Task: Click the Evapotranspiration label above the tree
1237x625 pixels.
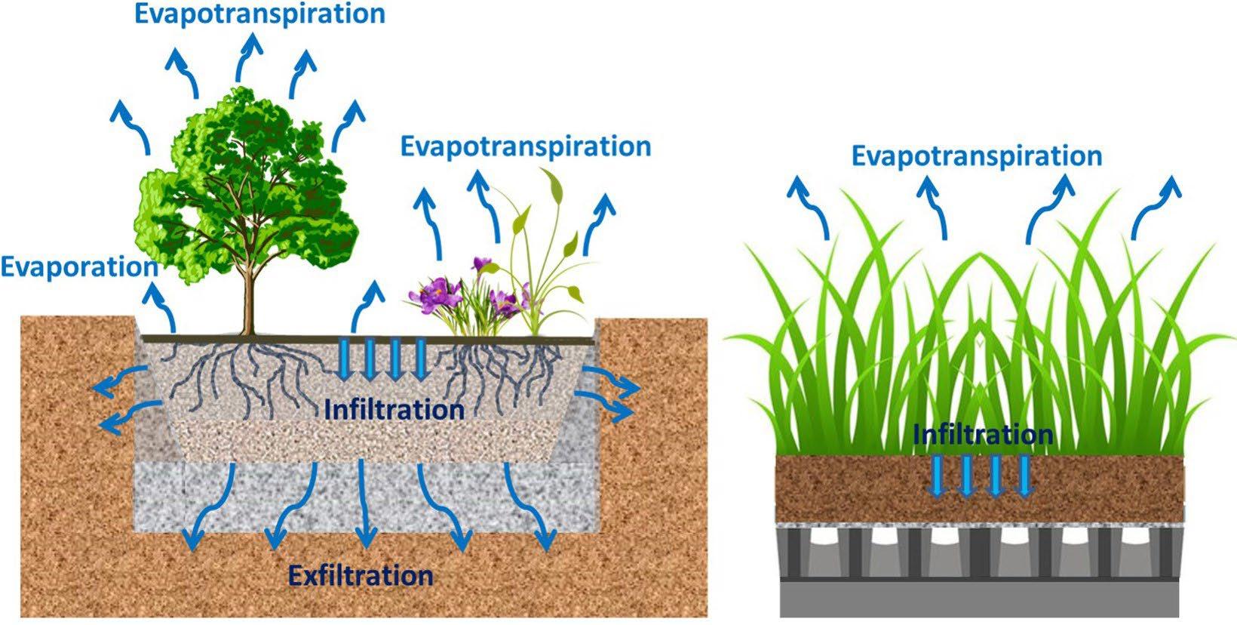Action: [x=260, y=13]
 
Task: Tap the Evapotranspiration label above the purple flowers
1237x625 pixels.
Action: [x=526, y=146]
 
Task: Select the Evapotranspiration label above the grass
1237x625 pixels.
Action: [x=977, y=156]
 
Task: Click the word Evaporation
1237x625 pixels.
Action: [x=78, y=266]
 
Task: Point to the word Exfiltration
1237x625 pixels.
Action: [x=361, y=576]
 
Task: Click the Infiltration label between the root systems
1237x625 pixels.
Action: [x=394, y=410]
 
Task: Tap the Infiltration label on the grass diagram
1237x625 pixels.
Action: [x=982, y=435]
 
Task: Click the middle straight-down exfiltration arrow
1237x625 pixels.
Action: [x=364, y=506]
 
